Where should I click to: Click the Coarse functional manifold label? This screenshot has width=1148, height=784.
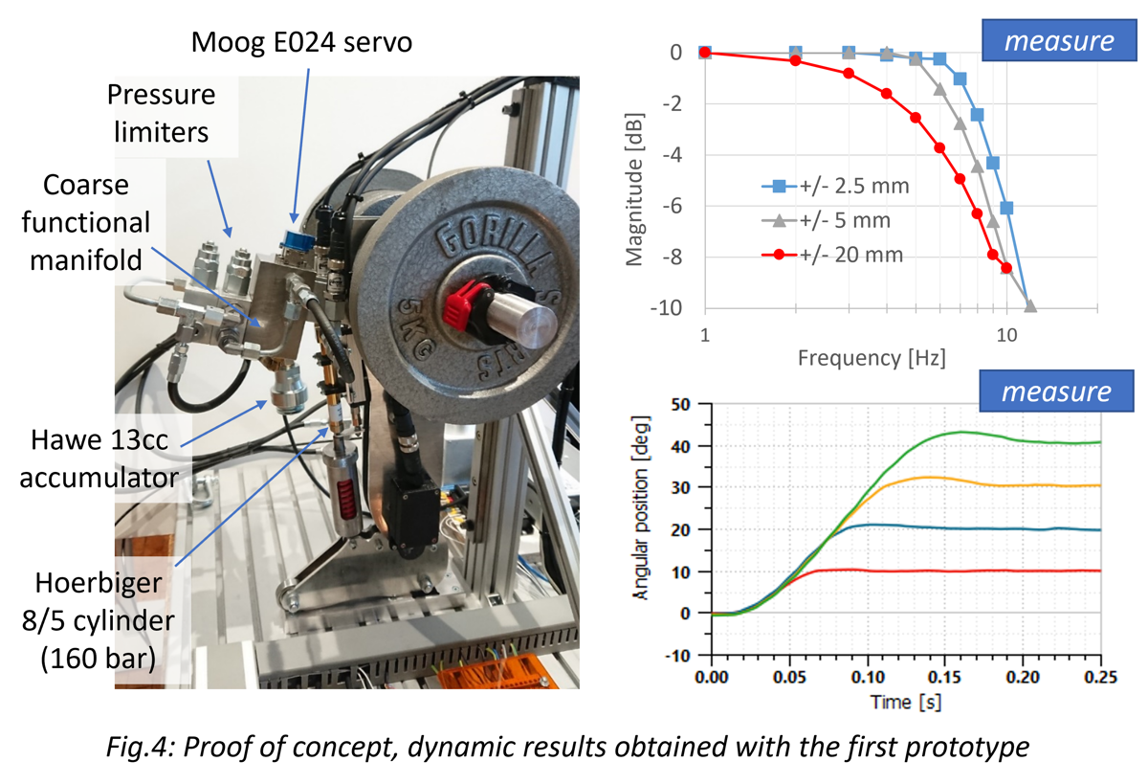[x=91, y=222]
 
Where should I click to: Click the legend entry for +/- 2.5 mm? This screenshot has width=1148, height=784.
[x=834, y=186]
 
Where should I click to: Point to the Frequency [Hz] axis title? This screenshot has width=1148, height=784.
[x=871, y=359]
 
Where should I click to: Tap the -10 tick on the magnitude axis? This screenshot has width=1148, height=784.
[x=670, y=307]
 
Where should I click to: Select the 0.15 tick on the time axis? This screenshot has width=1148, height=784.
[x=944, y=678]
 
